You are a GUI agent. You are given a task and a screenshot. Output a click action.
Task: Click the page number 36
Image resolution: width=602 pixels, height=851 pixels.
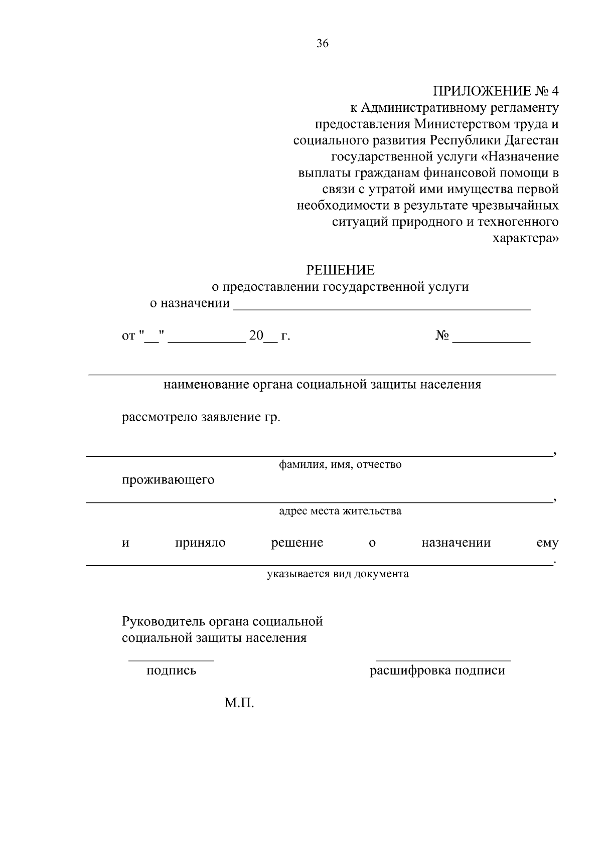[323, 44]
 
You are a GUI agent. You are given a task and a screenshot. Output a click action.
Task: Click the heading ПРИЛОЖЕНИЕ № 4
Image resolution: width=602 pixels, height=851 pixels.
[495, 91]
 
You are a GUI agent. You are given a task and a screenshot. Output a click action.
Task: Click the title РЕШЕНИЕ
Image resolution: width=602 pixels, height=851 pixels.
[340, 271]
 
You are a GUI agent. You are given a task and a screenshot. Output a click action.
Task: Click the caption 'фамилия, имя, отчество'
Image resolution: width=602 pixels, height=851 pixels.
[340, 465]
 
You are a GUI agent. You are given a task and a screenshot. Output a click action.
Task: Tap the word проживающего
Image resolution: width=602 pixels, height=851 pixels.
[168, 480]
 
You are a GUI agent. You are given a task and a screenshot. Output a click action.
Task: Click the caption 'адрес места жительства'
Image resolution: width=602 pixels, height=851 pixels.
[340, 512]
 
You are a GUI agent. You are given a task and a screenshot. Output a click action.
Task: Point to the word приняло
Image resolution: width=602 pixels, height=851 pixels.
[200, 543]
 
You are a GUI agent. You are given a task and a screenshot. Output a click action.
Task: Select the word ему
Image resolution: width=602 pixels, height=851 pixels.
[547, 543]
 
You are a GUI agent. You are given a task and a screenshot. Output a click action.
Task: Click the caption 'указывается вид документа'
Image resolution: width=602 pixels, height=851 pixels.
[337, 574]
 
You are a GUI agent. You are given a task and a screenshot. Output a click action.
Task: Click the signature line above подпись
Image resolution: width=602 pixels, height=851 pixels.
[171, 660]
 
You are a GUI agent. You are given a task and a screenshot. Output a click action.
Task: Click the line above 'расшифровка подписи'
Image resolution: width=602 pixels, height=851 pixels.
[443, 660]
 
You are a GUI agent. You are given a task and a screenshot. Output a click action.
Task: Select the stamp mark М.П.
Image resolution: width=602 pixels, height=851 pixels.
[239, 704]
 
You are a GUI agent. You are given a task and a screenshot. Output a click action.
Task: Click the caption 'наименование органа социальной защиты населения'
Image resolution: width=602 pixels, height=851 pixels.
[322, 385]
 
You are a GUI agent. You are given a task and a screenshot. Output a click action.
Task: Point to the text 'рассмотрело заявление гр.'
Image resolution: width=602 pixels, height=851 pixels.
[201, 418]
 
